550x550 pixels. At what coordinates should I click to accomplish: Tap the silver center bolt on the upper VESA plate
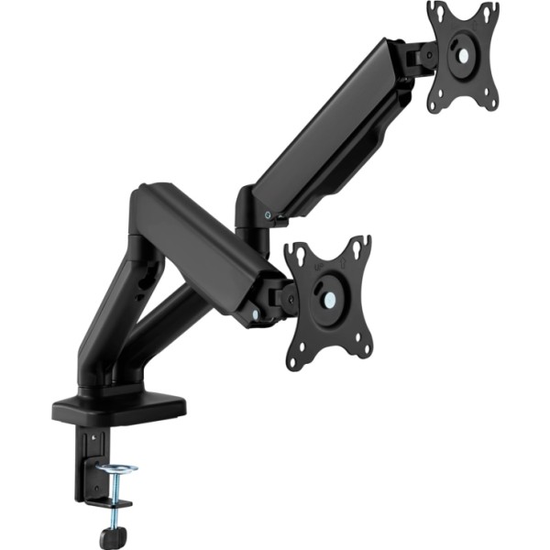[x=464, y=56]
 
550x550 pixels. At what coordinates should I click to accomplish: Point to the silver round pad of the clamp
[x=117, y=470]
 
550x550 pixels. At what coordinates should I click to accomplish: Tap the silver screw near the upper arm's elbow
[x=267, y=214]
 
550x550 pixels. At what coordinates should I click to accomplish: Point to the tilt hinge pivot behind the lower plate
[x=280, y=298]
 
